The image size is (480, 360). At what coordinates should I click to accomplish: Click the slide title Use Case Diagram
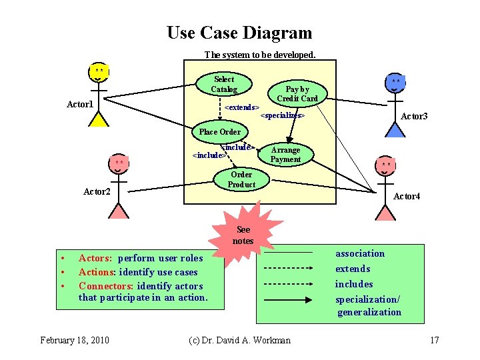[x=239, y=33]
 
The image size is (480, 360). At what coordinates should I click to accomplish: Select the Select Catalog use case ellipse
[x=224, y=85]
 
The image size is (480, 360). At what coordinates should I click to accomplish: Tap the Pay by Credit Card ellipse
[x=297, y=94]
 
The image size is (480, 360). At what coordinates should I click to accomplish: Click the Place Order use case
[x=220, y=131]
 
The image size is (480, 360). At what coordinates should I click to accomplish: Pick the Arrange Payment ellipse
[x=285, y=155]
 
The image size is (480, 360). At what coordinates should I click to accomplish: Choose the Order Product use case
[x=241, y=179]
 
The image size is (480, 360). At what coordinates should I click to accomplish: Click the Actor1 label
[x=80, y=104]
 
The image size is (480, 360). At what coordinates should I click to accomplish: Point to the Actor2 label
[x=97, y=192]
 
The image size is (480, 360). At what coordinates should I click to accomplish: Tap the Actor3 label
[x=414, y=116]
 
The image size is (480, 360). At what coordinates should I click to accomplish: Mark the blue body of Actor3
[x=396, y=130]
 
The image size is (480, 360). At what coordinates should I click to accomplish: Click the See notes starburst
[x=243, y=234]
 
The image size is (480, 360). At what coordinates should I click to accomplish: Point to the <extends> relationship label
[x=241, y=107]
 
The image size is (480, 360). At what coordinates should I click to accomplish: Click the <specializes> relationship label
[x=282, y=116]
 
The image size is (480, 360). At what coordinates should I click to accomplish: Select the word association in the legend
[x=360, y=253]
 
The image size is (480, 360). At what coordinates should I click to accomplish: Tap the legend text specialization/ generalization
[x=369, y=305]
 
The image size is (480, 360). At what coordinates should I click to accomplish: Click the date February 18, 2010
[x=75, y=341]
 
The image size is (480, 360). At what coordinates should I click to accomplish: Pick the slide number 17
[x=435, y=341]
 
